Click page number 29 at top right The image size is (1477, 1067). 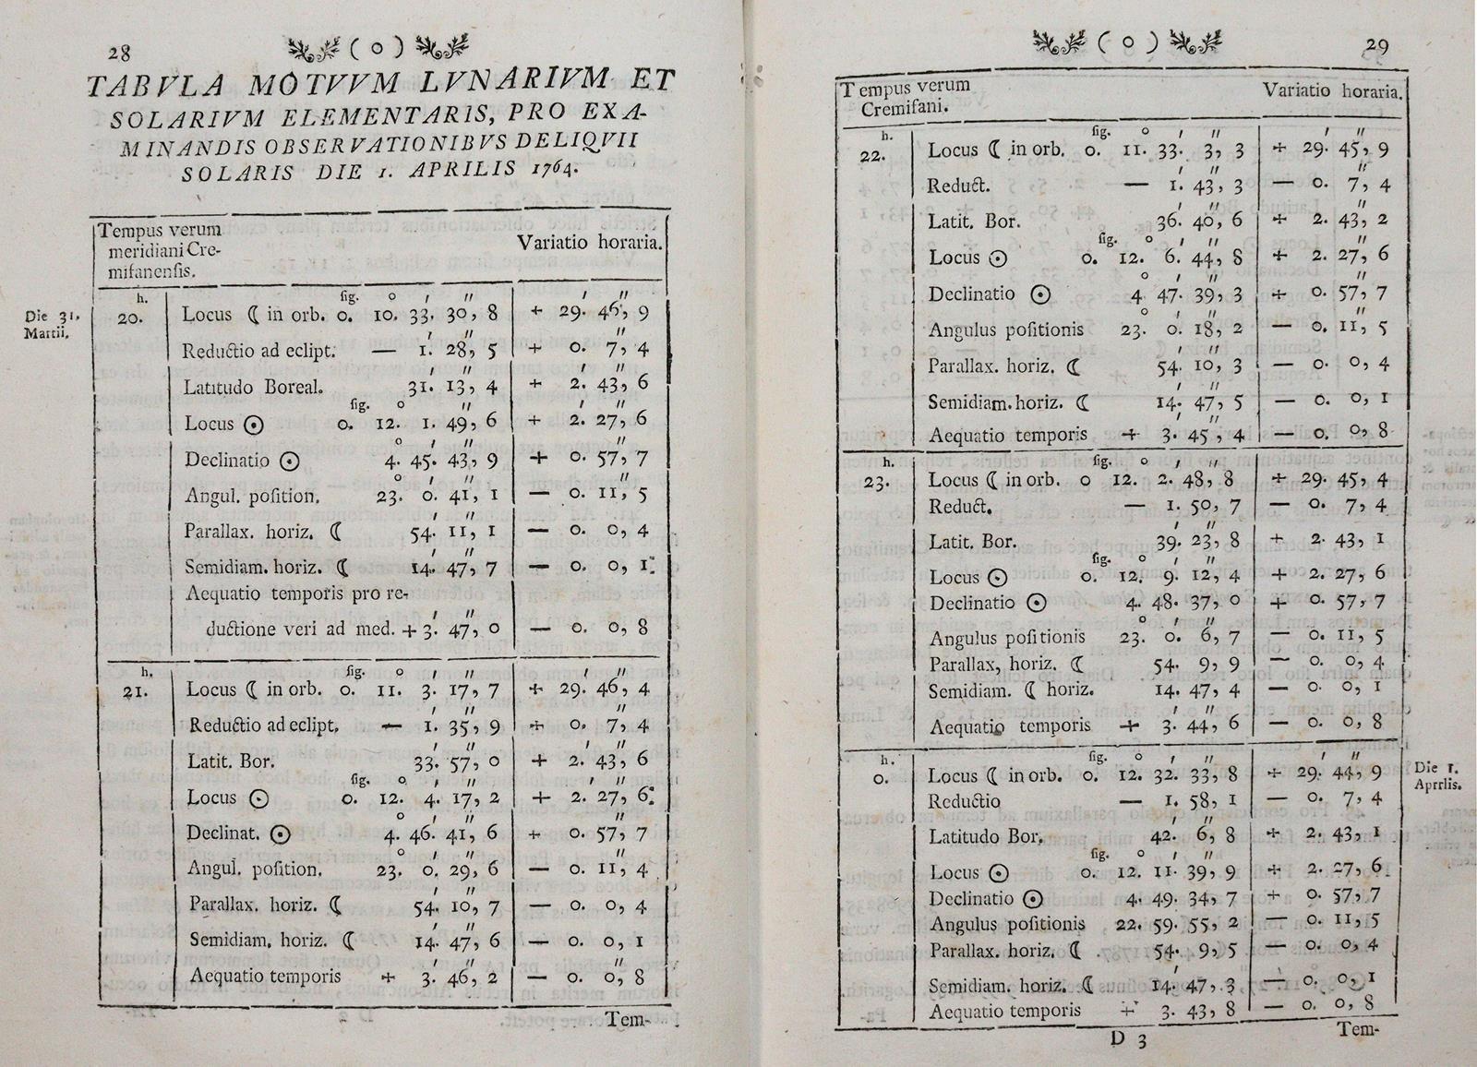tap(1377, 47)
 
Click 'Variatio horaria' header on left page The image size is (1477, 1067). tap(589, 244)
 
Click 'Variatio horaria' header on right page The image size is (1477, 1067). tap(1332, 91)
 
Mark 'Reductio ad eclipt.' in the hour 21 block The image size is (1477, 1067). tap(262, 725)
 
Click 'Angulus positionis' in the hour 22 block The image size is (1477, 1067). tap(1006, 330)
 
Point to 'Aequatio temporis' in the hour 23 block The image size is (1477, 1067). tap(997, 726)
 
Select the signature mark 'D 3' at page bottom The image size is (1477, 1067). tap(1128, 1037)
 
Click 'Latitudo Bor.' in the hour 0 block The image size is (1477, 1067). tap(986, 837)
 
